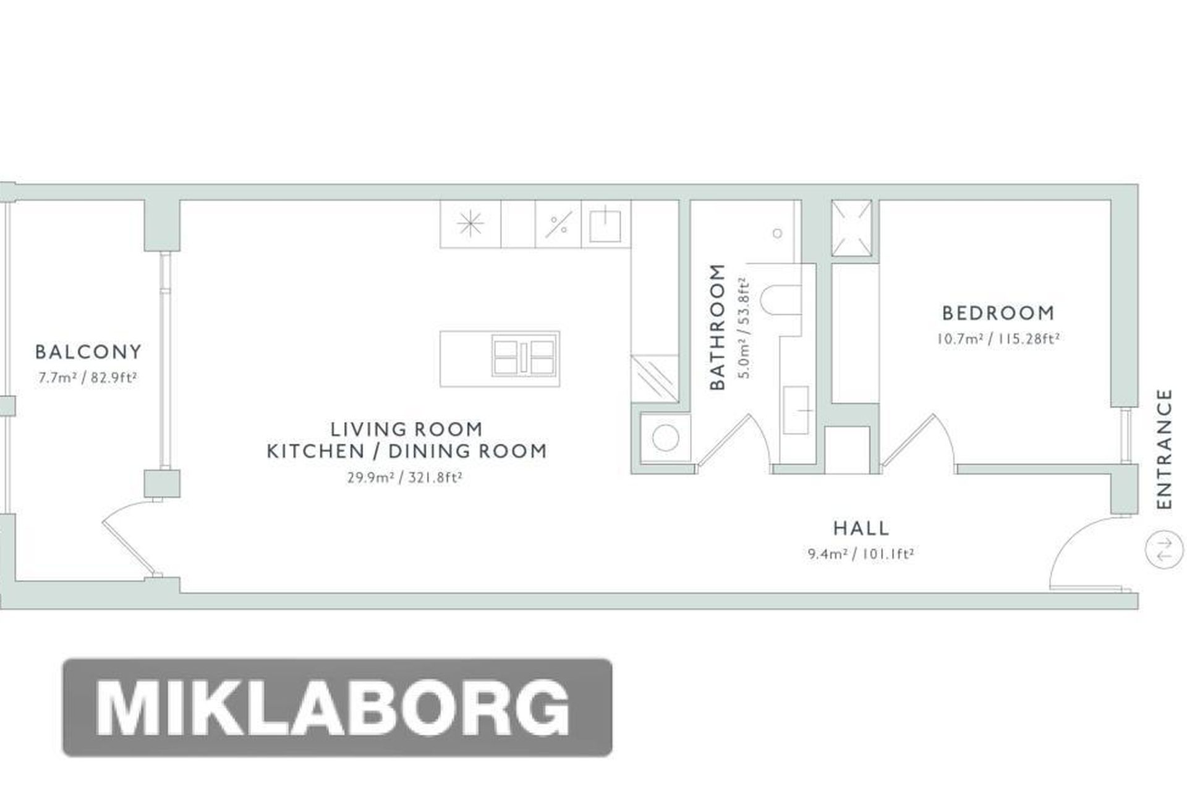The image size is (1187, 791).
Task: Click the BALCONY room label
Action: tap(88, 352)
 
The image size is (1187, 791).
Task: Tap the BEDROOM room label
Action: tap(998, 313)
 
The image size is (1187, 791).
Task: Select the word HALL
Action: tap(861, 528)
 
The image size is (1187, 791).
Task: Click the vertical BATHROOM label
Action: tap(717, 327)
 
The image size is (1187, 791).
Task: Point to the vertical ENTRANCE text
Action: tap(1164, 449)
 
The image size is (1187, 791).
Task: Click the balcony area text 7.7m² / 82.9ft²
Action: tap(87, 378)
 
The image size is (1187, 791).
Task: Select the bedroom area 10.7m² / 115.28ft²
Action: tap(998, 339)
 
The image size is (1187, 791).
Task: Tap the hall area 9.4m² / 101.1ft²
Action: tap(861, 554)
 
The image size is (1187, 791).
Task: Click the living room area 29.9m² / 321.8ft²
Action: tap(405, 478)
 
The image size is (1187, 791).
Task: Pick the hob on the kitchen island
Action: tap(524, 358)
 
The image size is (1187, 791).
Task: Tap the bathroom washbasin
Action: tap(796, 410)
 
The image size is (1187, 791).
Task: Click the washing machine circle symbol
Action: tap(665, 438)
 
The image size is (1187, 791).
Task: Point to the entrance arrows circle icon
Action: tap(1164, 549)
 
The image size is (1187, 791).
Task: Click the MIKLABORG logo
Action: tap(338, 708)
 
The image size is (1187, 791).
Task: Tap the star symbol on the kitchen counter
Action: tap(470, 224)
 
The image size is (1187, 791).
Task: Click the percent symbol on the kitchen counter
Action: tap(558, 224)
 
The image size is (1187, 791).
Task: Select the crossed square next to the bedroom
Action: tap(851, 228)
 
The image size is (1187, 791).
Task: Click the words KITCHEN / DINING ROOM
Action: tap(407, 451)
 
